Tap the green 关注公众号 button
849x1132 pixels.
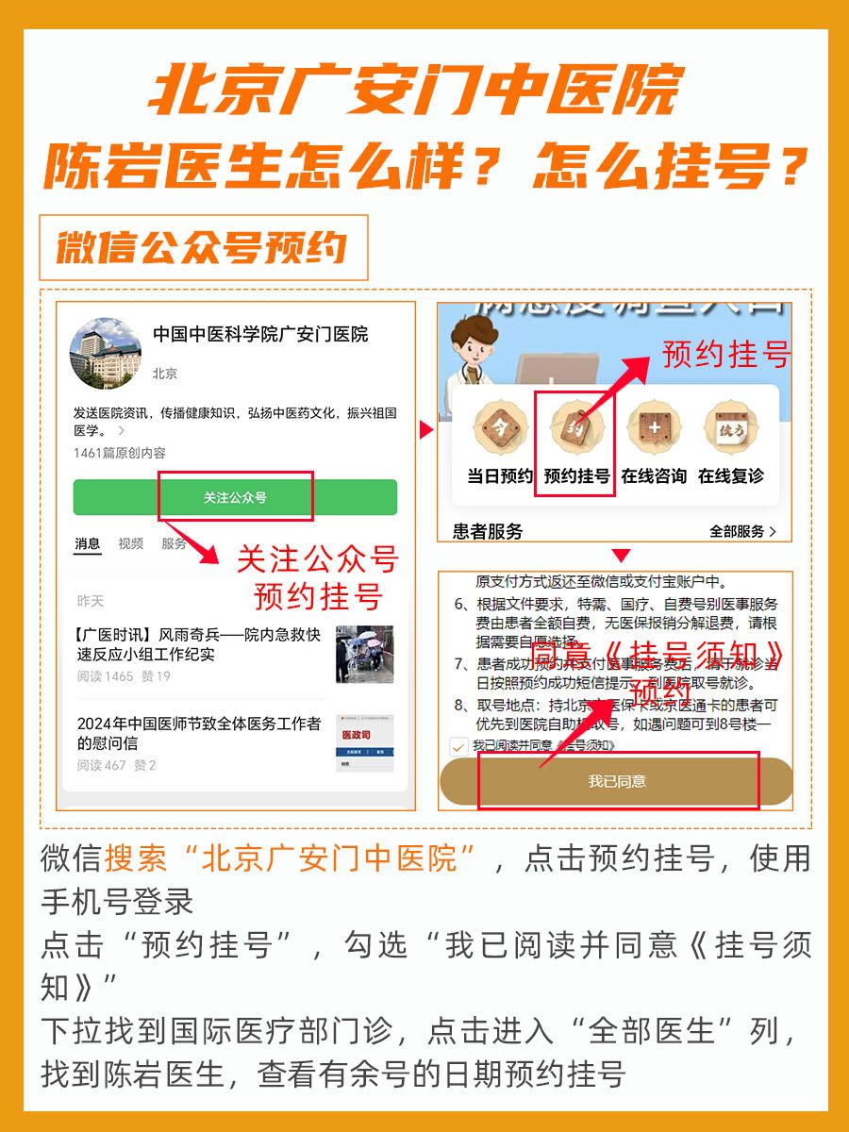click(235, 497)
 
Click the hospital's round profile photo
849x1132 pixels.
click(106, 354)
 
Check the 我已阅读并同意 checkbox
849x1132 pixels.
click(459, 744)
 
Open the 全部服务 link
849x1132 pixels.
click(742, 532)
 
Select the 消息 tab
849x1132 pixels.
click(88, 543)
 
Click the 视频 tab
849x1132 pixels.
click(131, 543)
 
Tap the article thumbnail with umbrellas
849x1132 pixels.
click(364, 654)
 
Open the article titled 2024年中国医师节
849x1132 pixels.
click(199, 733)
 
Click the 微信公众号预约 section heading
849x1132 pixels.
click(202, 247)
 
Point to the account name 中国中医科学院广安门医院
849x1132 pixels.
click(260, 334)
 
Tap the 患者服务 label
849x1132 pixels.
click(488, 532)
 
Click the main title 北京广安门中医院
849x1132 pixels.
click(415, 92)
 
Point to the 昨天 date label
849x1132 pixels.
click(91, 601)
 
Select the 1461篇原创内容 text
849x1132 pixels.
click(120, 453)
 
